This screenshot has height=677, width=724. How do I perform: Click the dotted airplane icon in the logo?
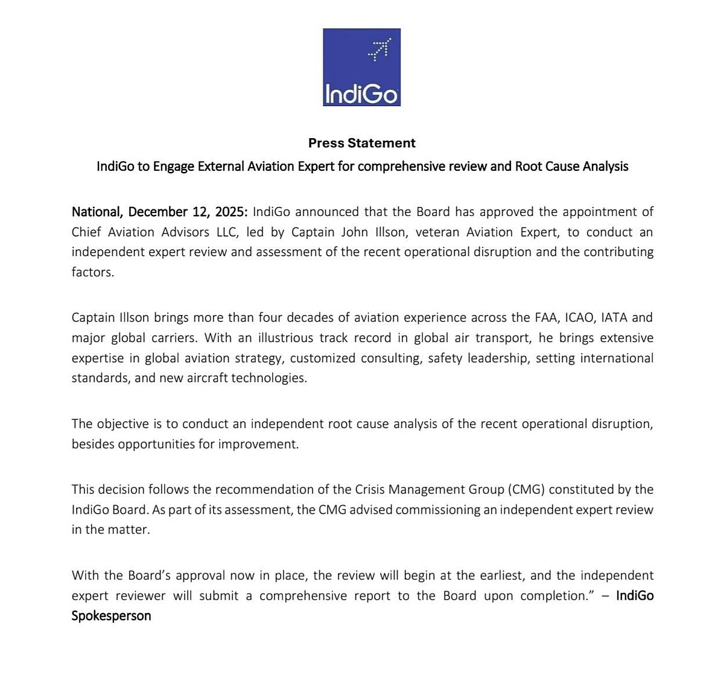tap(379, 49)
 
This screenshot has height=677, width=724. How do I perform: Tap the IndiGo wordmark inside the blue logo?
tap(361, 94)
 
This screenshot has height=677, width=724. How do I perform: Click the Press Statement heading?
tap(361, 143)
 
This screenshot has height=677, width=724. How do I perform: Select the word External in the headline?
tap(220, 167)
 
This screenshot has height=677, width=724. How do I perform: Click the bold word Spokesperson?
tap(111, 616)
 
